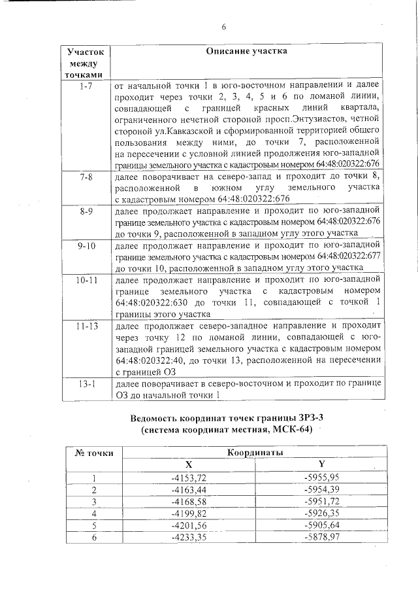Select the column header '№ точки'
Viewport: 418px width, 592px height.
click(95, 452)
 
